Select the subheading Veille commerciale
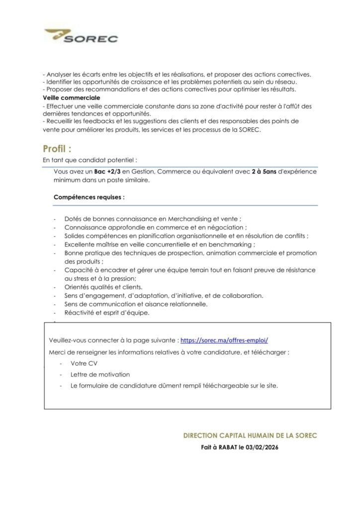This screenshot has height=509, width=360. [x=72, y=98]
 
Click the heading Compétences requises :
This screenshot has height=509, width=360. [x=89, y=197]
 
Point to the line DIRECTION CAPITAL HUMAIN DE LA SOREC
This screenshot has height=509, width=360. [x=250, y=435]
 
